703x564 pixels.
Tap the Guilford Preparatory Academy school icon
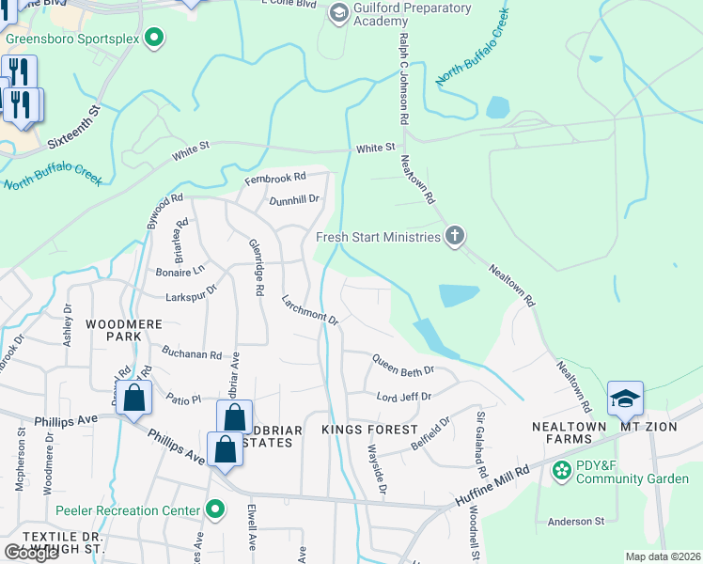click(337, 14)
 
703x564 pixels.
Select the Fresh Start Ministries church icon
click(454, 236)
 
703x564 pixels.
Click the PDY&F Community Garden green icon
click(561, 470)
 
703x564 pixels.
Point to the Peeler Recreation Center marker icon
click(215, 510)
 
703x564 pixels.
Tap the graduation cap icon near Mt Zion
click(625, 399)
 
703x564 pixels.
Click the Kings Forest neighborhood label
click(368, 430)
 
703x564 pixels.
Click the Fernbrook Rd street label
click(275, 177)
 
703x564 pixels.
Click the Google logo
click(30, 553)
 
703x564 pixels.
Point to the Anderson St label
click(575, 521)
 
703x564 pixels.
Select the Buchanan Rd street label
click(190, 355)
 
